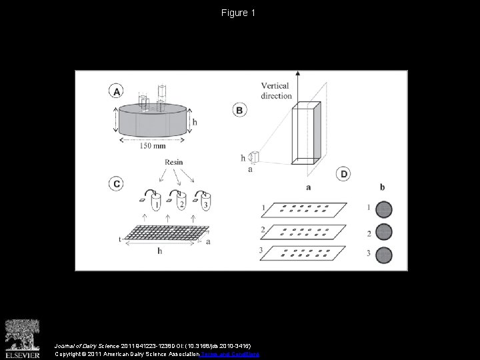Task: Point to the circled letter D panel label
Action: click(344, 174)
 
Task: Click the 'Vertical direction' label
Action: click(276, 91)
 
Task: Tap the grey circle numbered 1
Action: click(383, 210)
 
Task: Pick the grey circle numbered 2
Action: click(383, 233)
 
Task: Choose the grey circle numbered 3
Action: click(383, 255)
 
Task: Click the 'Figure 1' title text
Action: click(239, 13)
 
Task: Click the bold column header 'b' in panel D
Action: click(382, 187)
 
